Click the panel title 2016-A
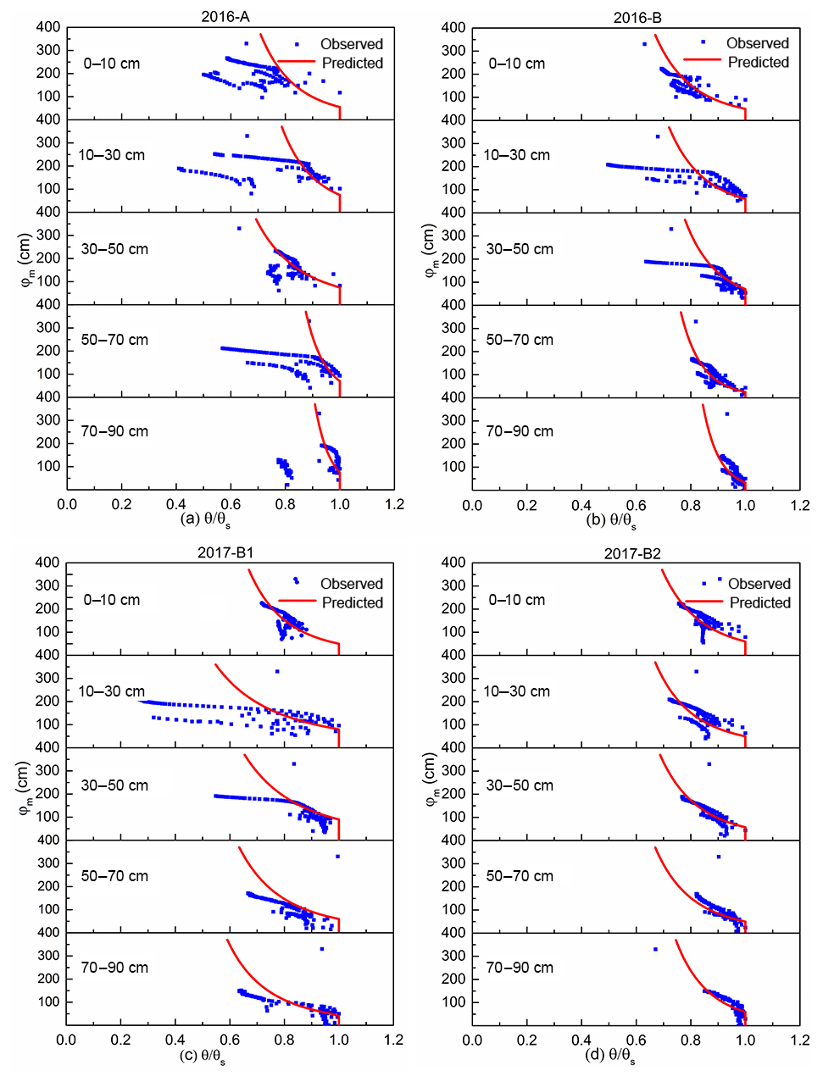[225, 16]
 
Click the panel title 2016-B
[638, 17]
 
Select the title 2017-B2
[632, 553]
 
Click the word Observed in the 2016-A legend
[351, 44]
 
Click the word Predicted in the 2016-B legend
[758, 62]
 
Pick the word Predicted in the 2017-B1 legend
[352, 602]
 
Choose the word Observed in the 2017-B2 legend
[759, 584]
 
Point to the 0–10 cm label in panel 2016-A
[112, 64]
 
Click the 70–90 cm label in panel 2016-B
[520, 431]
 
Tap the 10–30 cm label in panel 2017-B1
[112, 691]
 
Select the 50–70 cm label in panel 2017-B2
[520, 876]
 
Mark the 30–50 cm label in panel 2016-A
[114, 249]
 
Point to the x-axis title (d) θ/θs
[610, 1056]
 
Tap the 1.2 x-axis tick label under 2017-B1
[394, 1040]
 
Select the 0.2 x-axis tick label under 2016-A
[122, 504]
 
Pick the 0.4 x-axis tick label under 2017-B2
[581, 1040]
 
